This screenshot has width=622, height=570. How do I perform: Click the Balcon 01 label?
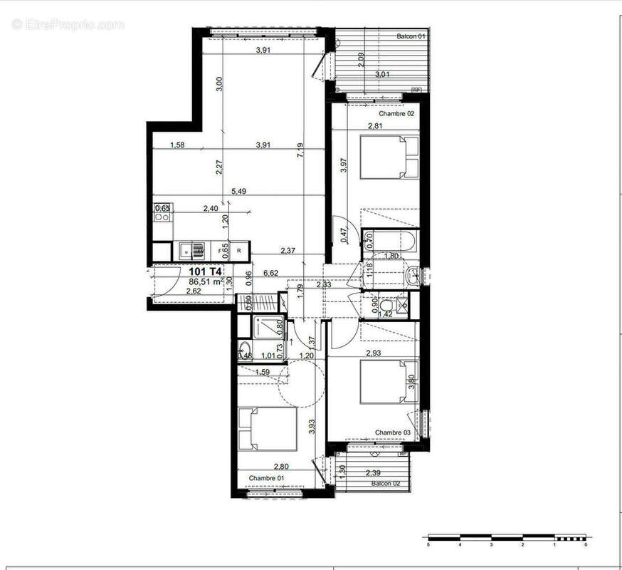[411, 36]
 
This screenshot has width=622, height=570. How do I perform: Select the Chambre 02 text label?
[396, 113]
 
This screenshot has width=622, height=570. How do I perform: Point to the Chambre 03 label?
[393, 432]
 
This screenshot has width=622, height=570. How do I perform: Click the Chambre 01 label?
[266, 477]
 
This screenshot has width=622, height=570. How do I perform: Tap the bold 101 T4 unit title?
[205, 271]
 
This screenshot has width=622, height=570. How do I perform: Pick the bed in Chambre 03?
[389, 381]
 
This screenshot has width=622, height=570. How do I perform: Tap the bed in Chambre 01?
[267, 429]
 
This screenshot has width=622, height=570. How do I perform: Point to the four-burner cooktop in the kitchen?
[162, 212]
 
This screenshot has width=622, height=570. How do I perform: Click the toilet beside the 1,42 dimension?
[401, 304]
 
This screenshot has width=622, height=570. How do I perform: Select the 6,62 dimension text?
[270, 272]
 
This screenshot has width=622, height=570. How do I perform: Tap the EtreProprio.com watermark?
[68, 24]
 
